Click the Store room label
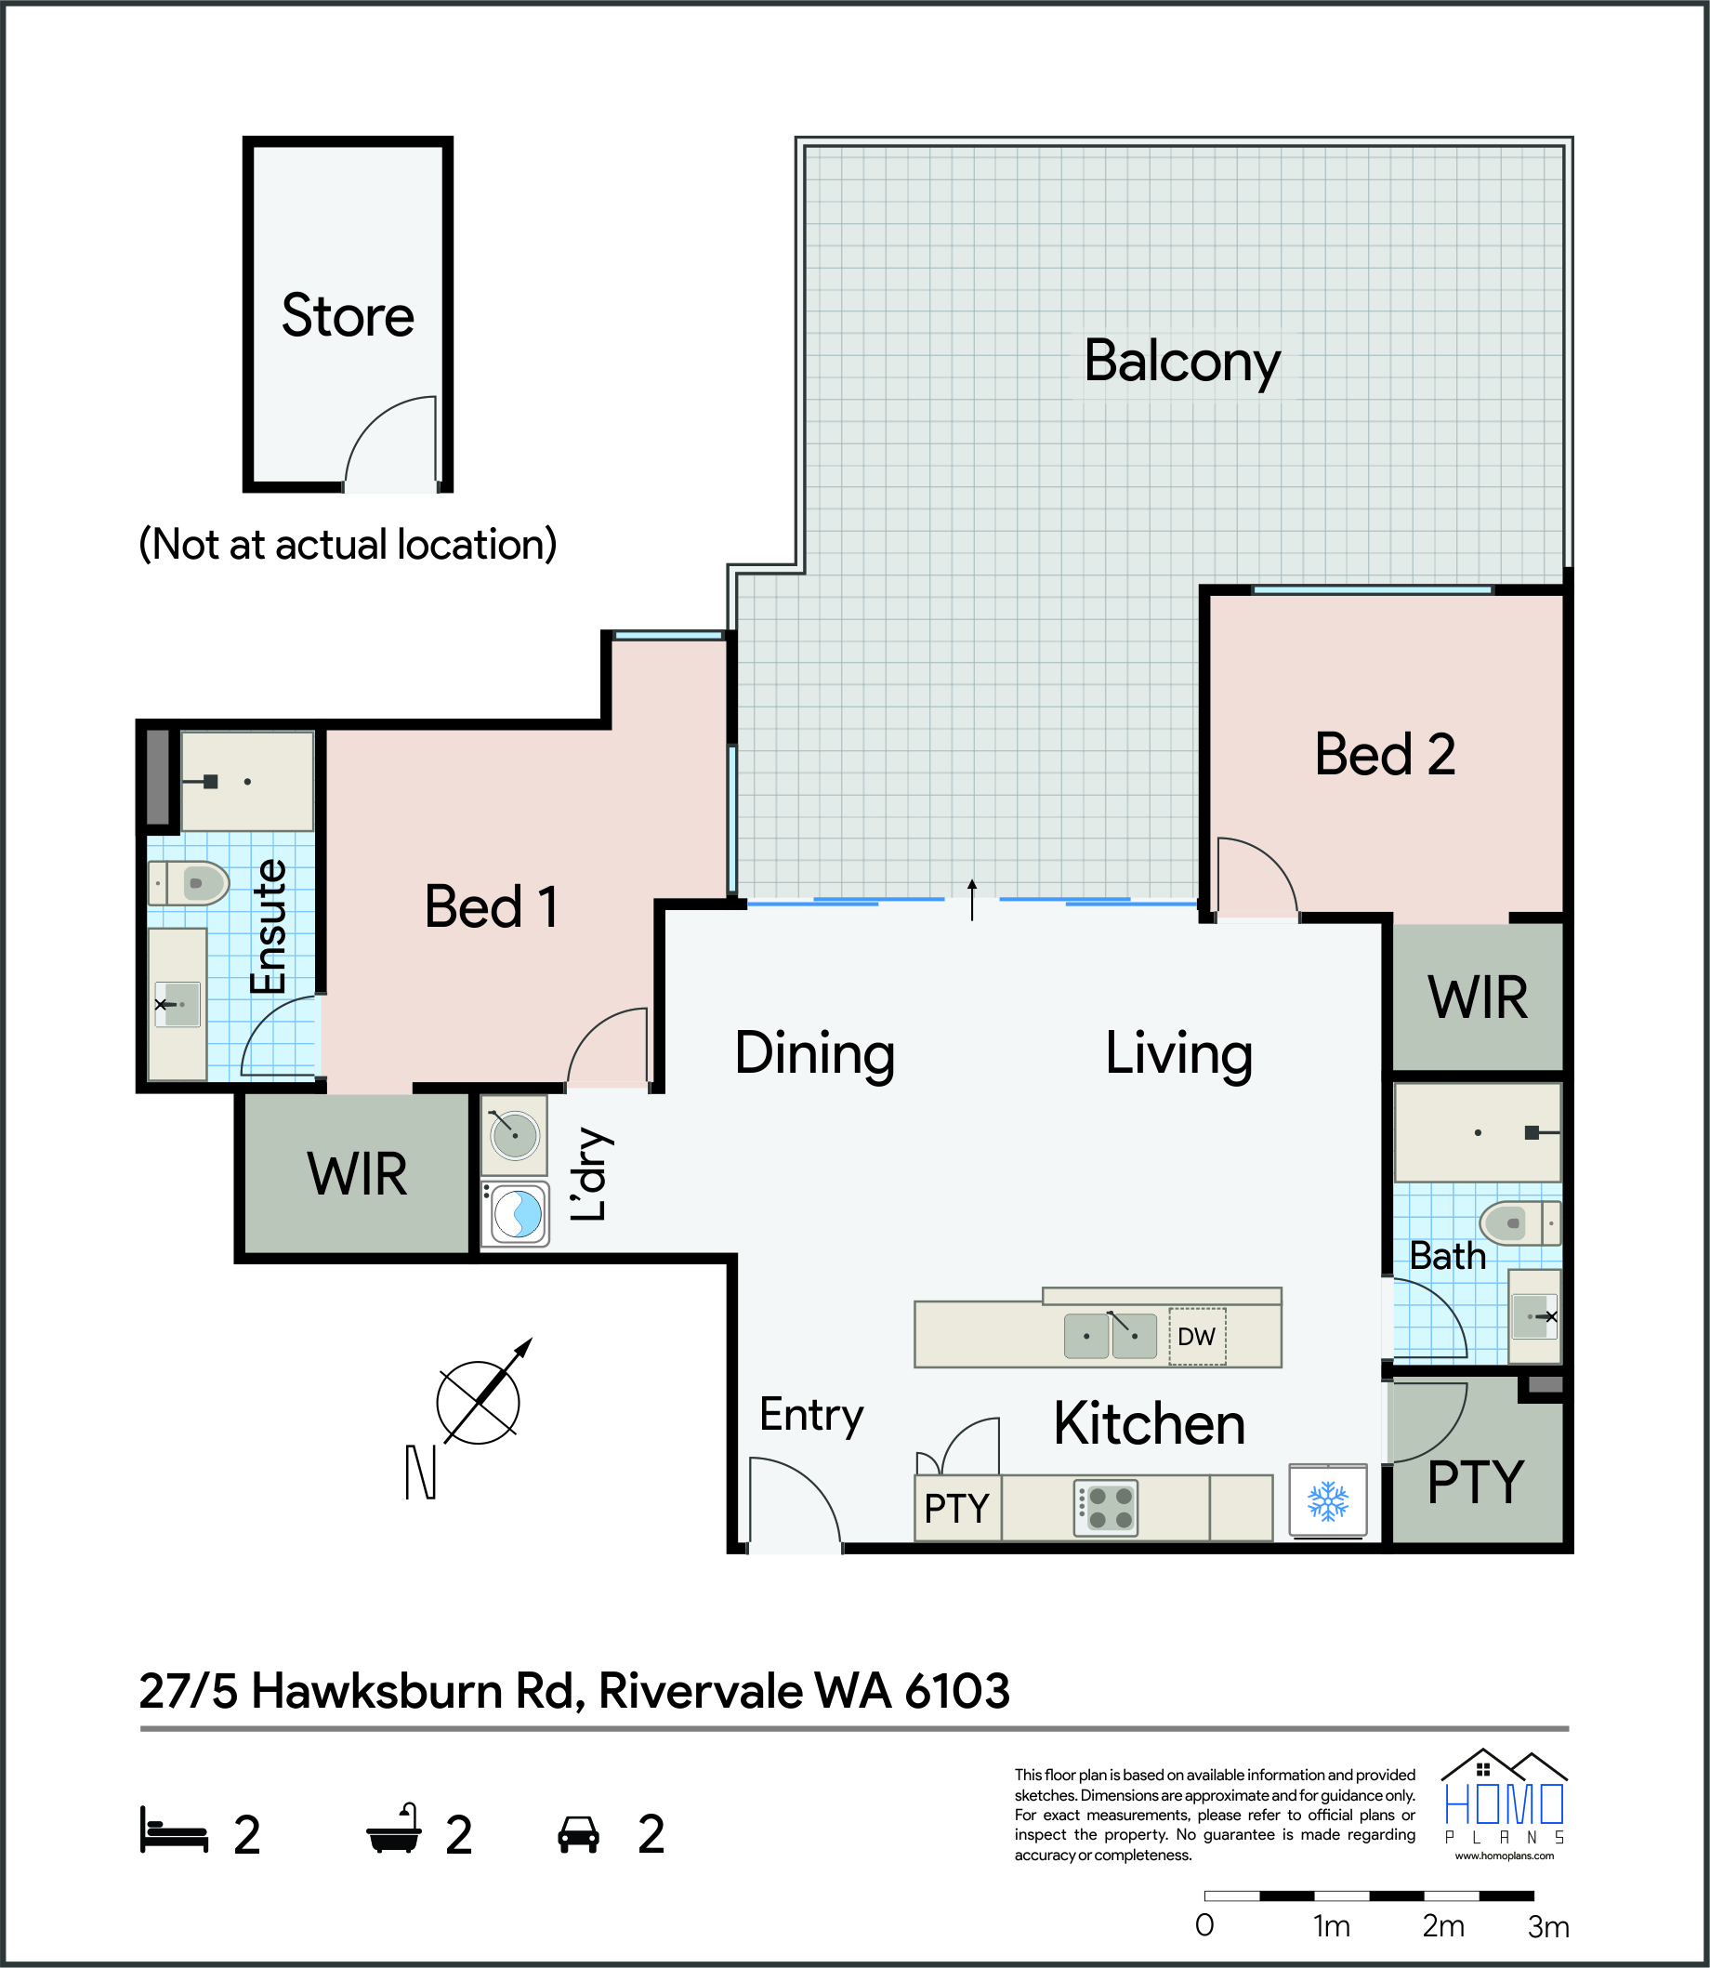348,316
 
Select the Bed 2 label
1385,755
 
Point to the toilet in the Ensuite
189,883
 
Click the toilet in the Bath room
1520,1222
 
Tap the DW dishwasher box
1197,1336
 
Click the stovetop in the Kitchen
1106,1508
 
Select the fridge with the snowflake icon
1327,1500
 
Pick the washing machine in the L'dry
515,1215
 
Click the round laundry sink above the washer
514,1136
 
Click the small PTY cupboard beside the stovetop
957,1508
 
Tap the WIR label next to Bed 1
357,1174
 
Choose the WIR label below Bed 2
1477,998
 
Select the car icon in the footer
578,1833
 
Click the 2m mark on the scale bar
1442,1926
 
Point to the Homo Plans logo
1505,1803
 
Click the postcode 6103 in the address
957,1690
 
